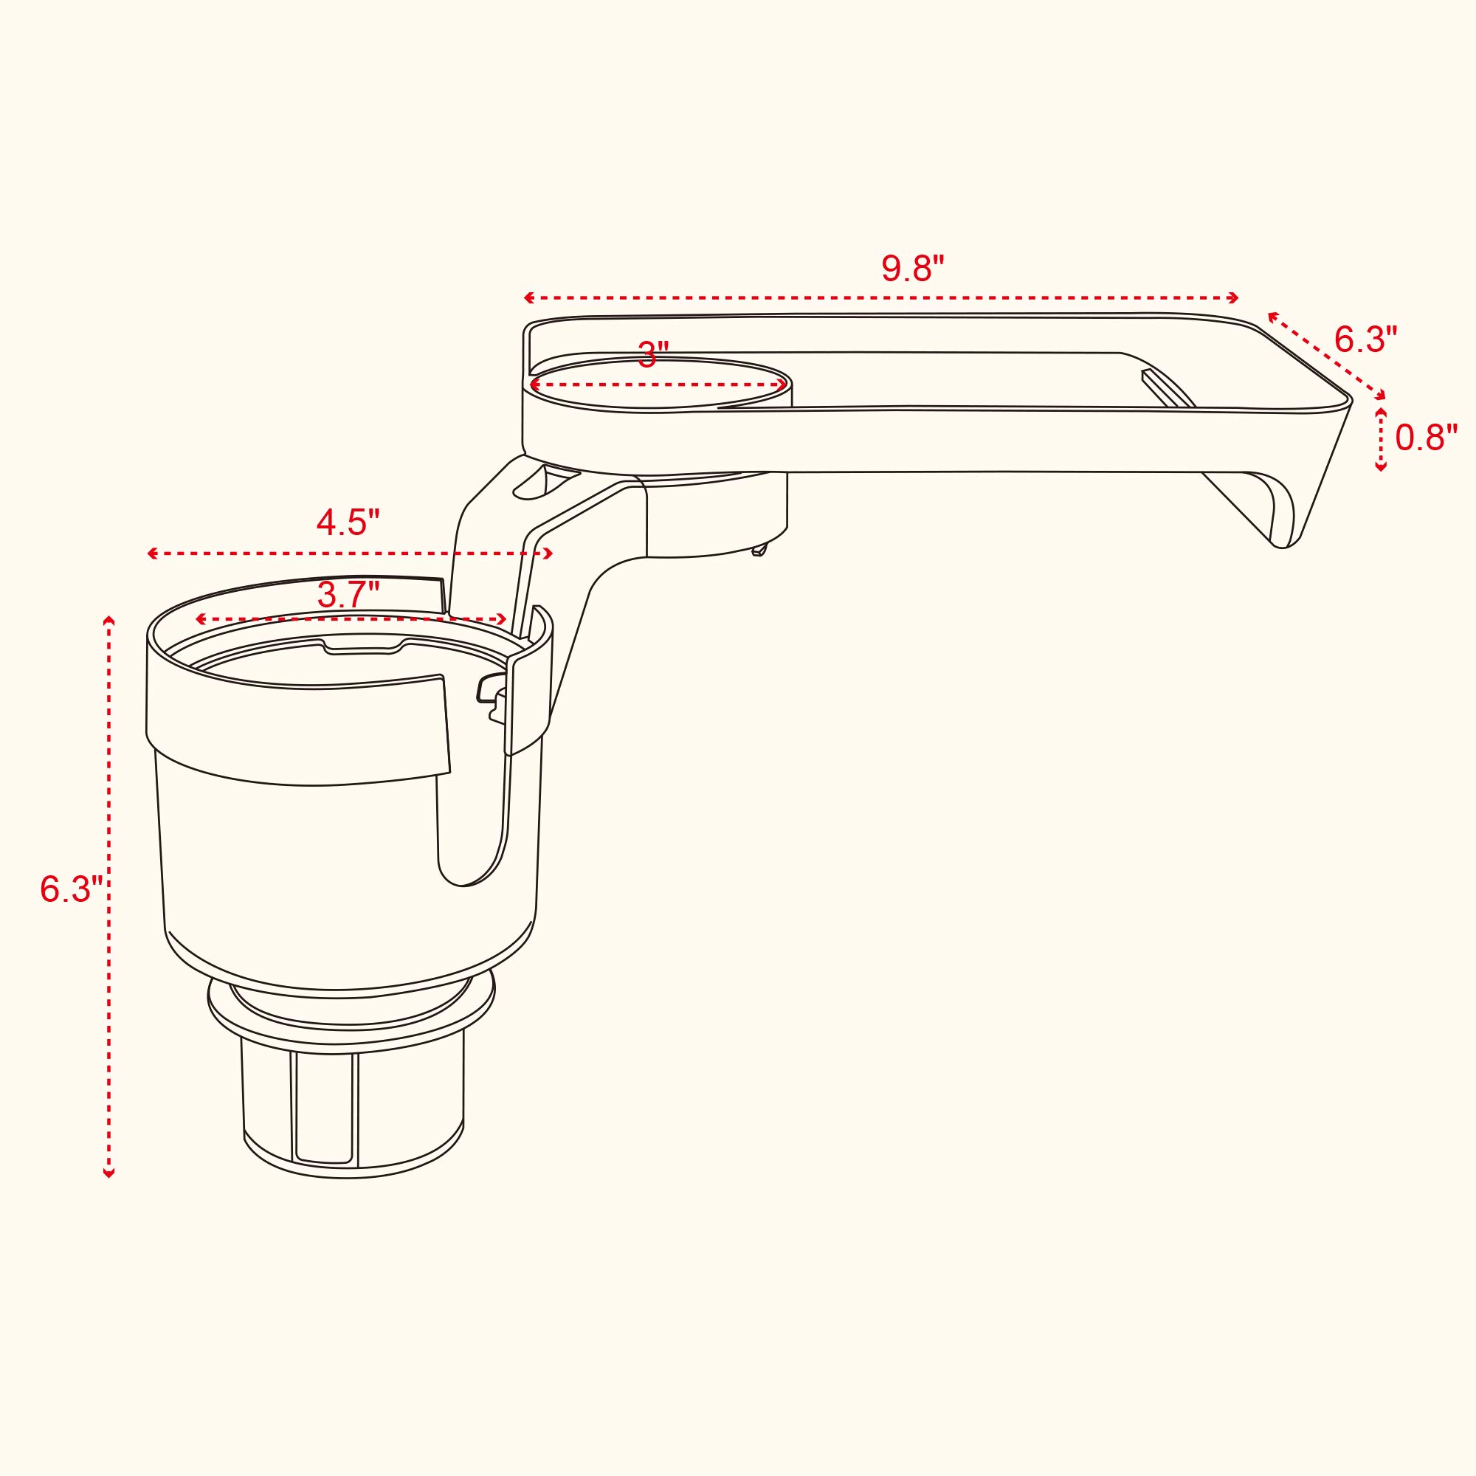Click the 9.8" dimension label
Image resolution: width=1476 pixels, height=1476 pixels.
pyautogui.click(x=913, y=268)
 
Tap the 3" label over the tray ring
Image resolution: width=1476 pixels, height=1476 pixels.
pyautogui.click(x=653, y=355)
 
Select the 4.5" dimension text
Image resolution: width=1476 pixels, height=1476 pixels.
pyautogui.click(x=348, y=523)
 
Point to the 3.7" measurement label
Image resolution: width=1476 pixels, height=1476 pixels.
pyautogui.click(x=348, y=595)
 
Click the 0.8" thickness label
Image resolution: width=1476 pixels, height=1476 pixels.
pyautogui.click(x=1427, y=438)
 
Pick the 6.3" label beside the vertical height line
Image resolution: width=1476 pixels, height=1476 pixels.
pyautogui.click(x=71, y=889)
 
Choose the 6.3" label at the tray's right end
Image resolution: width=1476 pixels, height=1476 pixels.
pyautogui.click(x=1366, y=339)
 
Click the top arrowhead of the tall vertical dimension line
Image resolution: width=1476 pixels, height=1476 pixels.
pyautogui.click(x=109, y=621)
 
